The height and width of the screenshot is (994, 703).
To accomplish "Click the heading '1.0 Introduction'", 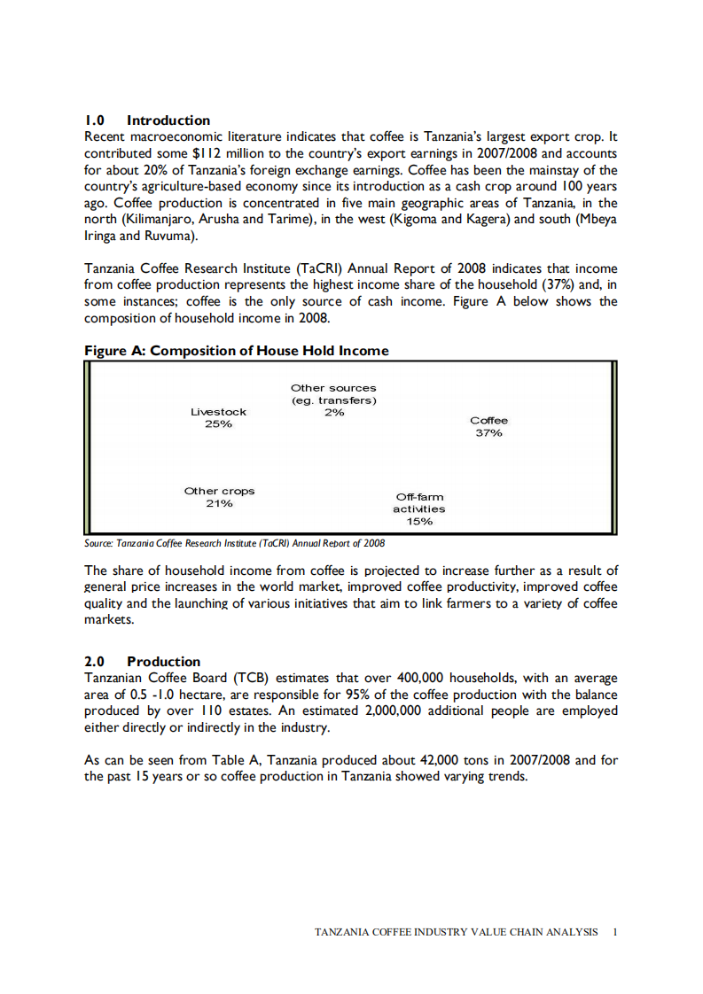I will pos(147,120).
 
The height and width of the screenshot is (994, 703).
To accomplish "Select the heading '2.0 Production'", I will pos(142,661).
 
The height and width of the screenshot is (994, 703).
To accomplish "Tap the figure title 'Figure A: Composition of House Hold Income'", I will pos(236,351).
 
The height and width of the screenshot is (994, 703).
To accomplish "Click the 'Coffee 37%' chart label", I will pos(488,426).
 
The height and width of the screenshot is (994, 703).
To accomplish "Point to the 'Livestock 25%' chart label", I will pos(219,417).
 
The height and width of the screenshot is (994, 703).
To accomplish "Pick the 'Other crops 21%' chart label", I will pos(219,497).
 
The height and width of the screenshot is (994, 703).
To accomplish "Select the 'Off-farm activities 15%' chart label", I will pos(419,509).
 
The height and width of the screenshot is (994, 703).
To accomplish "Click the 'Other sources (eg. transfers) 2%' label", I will pos(333,400).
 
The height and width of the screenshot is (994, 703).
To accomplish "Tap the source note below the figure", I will pos(234,543).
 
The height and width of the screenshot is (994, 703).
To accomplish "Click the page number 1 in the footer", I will pos(615,932).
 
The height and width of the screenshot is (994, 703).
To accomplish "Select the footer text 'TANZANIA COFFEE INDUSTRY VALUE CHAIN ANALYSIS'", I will pos(457,932).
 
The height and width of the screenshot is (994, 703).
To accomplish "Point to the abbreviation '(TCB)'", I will pos(250,679).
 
